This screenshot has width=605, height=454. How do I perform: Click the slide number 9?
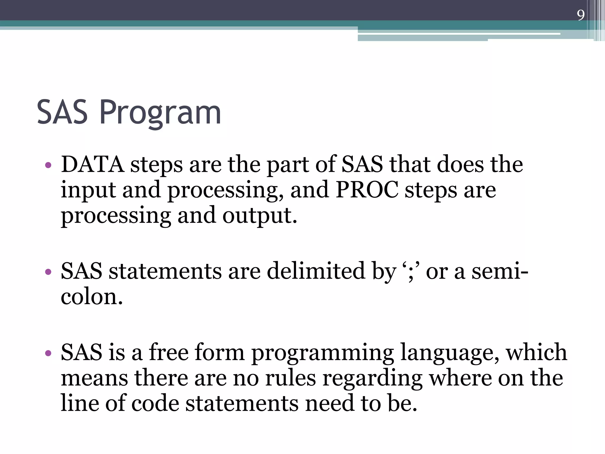pyautogui.click(x=580, y=15)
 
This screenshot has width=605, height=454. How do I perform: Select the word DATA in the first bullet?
pyautogui.click(x=92, y=164)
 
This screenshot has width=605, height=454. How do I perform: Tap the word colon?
pyautogui.click(x=92, y=297)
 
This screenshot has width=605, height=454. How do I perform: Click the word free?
pyautogui.click(x=168, y=352)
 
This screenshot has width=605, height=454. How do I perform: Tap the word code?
pyautogui.click(x=155, y=403)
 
